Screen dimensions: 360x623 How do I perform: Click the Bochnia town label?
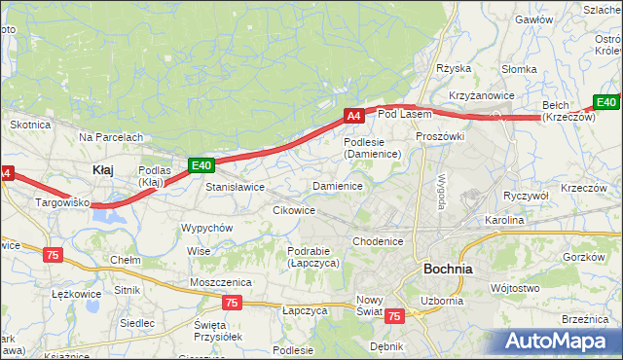[448, 269]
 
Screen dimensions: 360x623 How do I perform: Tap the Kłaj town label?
[102, 169]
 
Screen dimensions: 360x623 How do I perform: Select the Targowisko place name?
[62, 203]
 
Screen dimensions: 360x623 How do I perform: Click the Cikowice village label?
[294, 210]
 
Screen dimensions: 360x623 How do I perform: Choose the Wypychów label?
[206, 228]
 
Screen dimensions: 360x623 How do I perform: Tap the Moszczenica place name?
[221, 281]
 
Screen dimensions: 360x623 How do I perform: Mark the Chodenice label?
[378, 241]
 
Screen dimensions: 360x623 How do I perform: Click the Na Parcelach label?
[111, 137]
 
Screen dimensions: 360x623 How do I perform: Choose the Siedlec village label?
[136, 322]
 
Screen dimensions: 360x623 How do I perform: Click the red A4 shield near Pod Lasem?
[354, 116]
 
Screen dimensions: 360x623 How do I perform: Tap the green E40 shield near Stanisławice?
[201, 165]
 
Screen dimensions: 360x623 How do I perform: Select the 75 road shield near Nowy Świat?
[394, 316]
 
